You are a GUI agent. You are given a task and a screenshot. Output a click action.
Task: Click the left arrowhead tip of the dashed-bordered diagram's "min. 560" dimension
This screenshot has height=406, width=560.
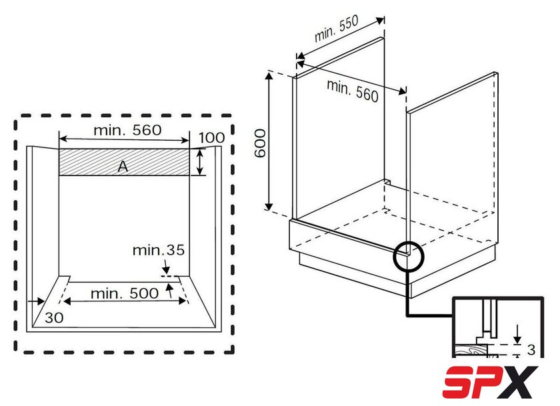(59, 139)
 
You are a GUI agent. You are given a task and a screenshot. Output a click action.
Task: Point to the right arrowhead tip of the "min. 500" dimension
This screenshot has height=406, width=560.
(186, 301)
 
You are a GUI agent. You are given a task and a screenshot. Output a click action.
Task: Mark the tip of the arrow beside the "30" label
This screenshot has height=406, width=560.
(45, 302)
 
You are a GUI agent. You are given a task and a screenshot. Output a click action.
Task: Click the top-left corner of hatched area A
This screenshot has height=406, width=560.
(59, 149)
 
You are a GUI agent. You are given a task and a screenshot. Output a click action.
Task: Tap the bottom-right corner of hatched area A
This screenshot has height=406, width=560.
(189, 175)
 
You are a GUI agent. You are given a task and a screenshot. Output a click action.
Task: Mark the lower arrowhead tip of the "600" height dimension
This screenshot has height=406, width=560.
(269, 210)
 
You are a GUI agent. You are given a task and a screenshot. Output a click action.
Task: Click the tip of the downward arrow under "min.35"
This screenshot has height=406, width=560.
(166, 273)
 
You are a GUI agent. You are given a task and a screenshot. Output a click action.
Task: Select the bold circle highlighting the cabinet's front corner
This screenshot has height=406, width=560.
(408, 257)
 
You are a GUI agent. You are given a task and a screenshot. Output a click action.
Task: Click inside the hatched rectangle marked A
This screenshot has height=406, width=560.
(124, 162)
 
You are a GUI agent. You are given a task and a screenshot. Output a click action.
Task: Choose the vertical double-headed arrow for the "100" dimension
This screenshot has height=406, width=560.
(201, 162)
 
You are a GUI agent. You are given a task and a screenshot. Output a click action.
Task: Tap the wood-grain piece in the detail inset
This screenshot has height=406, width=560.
(471, 350)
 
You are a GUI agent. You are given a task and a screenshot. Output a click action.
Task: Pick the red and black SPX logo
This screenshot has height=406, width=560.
(490, 382)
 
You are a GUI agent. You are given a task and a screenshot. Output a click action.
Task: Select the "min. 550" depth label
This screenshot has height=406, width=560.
(337, 29)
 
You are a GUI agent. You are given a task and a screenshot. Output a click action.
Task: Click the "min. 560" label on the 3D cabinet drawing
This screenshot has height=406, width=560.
(353, 91)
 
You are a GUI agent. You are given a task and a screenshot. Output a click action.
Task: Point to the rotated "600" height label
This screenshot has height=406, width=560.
(260, 143)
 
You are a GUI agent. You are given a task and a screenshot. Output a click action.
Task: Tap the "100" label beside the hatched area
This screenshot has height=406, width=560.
(212, 137)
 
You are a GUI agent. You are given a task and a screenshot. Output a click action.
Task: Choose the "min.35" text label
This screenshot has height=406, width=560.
(159, 250)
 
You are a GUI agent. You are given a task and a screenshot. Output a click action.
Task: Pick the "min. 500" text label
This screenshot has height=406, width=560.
(125, 293)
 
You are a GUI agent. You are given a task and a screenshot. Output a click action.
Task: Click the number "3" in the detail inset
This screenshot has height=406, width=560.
(531, 349)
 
